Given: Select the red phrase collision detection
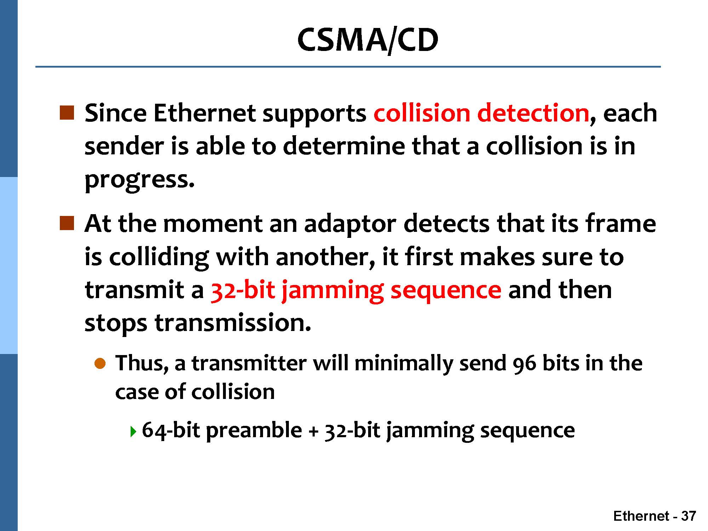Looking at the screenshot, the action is pos(481,113).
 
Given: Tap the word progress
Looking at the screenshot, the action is pos(139,180).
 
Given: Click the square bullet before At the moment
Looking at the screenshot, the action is pos(67,223).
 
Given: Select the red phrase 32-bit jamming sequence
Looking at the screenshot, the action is pos(356,291).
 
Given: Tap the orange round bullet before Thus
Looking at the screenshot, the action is pos(100,364).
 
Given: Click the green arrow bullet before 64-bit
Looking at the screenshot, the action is pos(133,432).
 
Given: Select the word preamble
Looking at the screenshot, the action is pos(254,431).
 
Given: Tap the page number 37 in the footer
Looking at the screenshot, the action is pos(689,516).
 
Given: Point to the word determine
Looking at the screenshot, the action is pos(344,146).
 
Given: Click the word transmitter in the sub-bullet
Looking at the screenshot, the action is pos(249,364).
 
